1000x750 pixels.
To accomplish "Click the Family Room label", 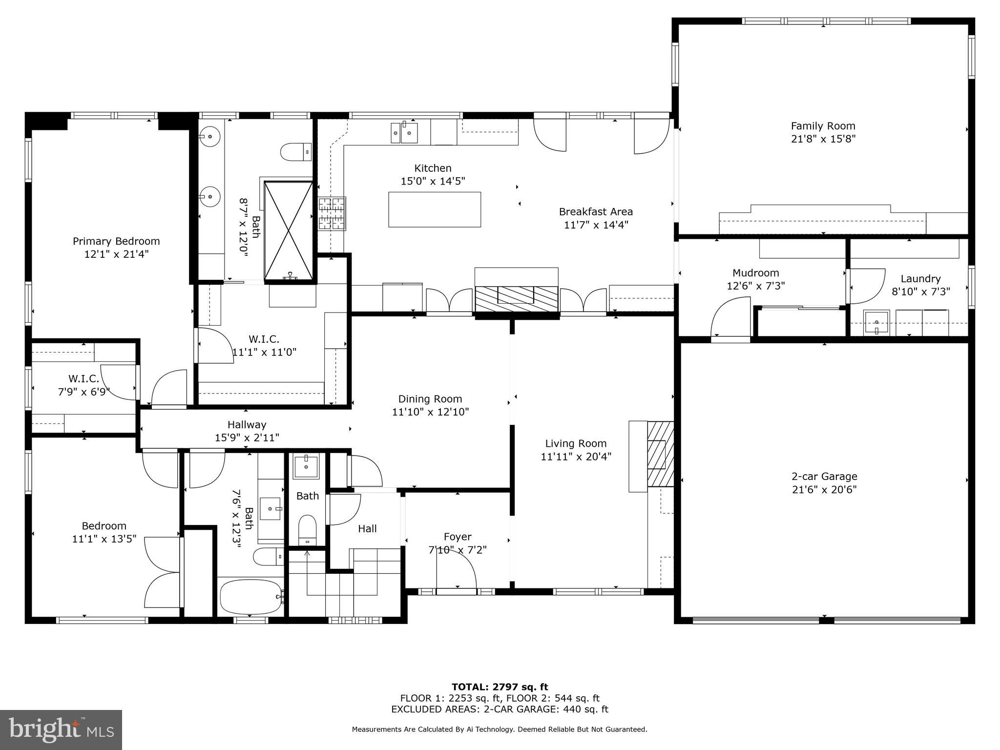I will pos(823,126).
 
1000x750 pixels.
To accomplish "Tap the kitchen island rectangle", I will pos(434,209).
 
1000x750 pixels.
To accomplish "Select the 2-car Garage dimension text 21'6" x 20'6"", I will pos(824,489).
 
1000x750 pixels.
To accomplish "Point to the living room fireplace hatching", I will pos(660,454).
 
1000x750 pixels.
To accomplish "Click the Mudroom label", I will pos(755,273).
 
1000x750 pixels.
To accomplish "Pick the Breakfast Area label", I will pos(596,212).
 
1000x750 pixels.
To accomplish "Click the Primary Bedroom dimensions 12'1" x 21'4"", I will pos(116,254).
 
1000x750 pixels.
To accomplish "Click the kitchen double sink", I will pos(404,133).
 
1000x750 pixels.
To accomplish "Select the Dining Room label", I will pos(430,399).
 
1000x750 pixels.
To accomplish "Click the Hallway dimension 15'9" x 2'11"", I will pos(247,438).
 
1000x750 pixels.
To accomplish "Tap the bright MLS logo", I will pos(61,729).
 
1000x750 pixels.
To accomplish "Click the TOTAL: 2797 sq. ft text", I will pos(500,687).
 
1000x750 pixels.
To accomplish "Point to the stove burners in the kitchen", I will pos(332,213).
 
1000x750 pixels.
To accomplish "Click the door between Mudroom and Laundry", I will pos(867,286).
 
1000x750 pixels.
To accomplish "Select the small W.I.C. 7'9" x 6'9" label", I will pos(83,379).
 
